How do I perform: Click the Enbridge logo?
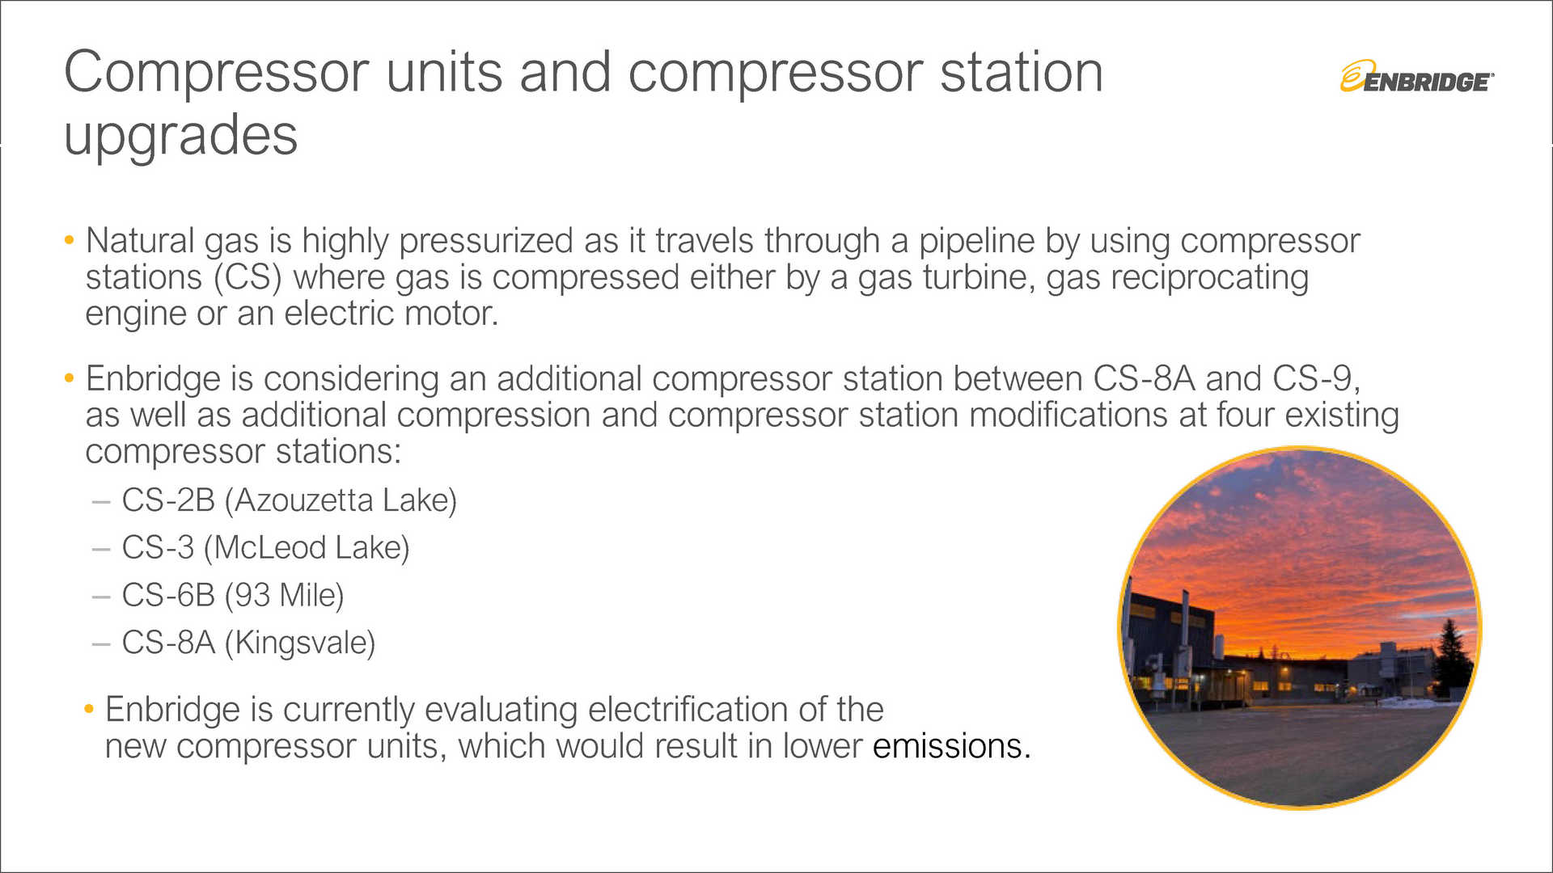[1416, 78]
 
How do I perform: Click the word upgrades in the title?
[180, 135]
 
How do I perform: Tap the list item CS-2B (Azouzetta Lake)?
[289, 500]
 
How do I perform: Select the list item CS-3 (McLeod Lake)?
[265, 548]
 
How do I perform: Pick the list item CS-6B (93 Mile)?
[232, 596]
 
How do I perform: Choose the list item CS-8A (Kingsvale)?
[248, 643]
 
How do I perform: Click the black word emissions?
[951, 746]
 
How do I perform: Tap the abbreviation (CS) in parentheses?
[248, 278]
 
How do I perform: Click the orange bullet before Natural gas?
[70, 240]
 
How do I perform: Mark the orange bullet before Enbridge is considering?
[70, 378]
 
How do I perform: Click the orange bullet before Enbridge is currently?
[89, 710]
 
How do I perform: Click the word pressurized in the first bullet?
[485, 242]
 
